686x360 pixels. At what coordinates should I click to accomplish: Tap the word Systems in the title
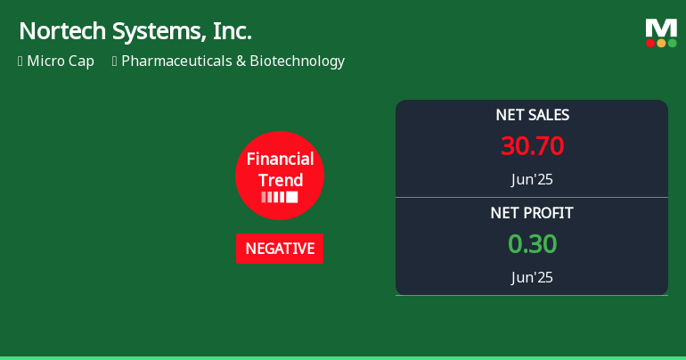pos(159,31)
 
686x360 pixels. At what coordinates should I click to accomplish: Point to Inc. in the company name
pos(232,31)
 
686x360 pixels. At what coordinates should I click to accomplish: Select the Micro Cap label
pos(61,61)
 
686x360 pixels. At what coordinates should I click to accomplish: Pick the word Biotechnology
pos(297,61)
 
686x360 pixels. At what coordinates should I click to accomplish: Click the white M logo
pos(661,29)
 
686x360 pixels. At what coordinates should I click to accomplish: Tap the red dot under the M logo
pos(650,43)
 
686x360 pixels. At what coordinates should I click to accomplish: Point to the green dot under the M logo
pos(672,43)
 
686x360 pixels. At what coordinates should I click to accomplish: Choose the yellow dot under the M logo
pos(661,43)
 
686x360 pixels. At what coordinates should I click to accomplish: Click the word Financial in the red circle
pos(280,160)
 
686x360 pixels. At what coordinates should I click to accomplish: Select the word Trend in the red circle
pos(280,180)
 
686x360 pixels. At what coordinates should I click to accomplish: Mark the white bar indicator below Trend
pos(280,197)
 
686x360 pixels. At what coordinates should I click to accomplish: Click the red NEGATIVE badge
pos(280,249)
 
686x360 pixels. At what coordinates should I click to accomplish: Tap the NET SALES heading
pos(532,115)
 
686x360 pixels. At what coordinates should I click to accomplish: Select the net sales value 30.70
pos(532,146)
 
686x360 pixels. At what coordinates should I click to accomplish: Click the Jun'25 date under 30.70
pos(532,179)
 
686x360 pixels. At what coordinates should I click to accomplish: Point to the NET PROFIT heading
pos(532,213)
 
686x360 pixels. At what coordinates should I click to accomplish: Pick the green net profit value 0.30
pos(532,244)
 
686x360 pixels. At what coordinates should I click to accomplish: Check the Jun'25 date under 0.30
pos(532,277)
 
